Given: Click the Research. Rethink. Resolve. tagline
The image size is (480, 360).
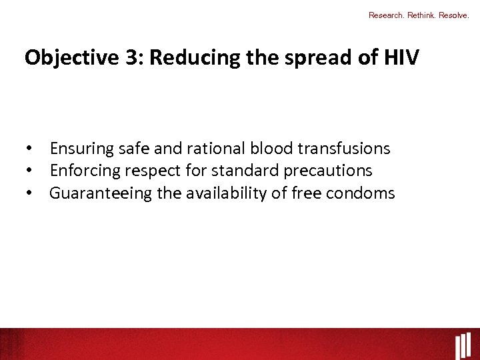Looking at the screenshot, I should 419,15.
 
